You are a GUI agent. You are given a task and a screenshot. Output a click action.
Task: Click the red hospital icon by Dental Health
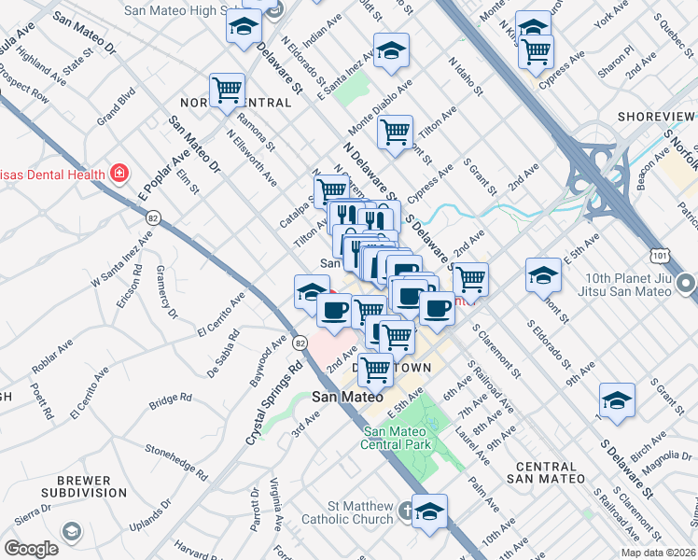[x=119, y=173]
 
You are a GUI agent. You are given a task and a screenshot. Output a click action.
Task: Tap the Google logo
[x=31, y=549]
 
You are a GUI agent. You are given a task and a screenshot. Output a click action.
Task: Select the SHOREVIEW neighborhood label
[x=657, y=118]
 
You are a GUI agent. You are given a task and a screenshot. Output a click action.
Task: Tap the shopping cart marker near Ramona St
[x=227, y=91]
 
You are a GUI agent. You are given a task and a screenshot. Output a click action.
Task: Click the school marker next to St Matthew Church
[x=429, y=511]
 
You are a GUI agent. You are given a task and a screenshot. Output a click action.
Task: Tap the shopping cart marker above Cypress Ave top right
[x=536, y=52]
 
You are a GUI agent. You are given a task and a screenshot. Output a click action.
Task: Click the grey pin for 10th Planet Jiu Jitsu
[x=687, y=283]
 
